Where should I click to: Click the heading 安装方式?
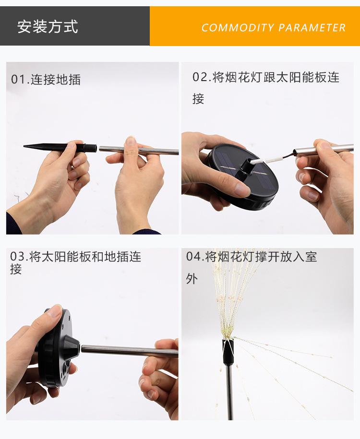tap(48, 26)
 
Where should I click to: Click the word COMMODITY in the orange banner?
tap(238, 27)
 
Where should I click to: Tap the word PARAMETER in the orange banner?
tap(312, 27)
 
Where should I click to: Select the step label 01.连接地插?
tap(46, 79)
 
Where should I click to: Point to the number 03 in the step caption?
tap(17, 257)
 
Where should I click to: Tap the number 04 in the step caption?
tap(193, 257)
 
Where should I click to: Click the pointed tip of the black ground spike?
tap(24, 146)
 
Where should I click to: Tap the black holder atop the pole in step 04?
tap(228, 351)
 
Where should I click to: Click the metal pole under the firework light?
tap(229, 392)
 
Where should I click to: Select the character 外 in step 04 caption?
tap(192, 279)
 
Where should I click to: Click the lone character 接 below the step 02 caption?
tap(198, 99)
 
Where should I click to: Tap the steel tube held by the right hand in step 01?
tap(139, 150)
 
